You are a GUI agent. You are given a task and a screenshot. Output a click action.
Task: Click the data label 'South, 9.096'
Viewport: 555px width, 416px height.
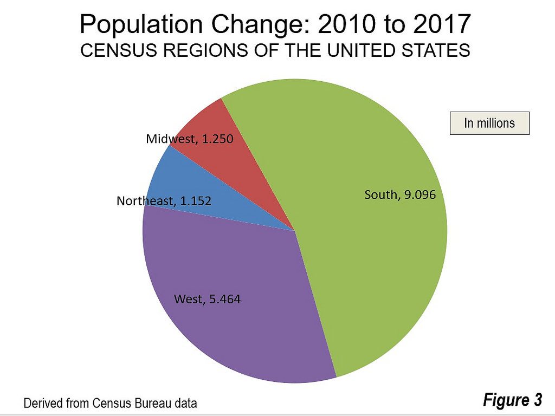399,195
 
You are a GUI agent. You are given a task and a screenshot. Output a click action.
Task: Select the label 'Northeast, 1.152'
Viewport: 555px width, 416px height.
164,201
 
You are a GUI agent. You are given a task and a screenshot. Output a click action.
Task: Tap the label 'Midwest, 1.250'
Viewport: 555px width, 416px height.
189,139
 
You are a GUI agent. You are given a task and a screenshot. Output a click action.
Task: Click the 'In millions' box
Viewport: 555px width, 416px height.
489,123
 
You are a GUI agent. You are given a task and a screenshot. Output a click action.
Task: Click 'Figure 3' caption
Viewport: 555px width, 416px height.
512,400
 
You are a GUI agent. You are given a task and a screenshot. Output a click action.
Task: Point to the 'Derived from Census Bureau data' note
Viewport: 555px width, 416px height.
109,403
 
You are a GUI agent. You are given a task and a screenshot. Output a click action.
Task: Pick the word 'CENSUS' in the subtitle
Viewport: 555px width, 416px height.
113,51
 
